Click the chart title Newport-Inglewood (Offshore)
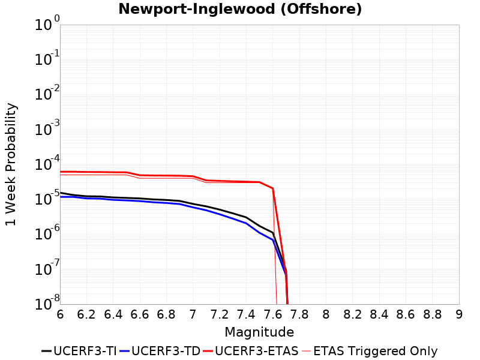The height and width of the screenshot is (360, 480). click(240, 10)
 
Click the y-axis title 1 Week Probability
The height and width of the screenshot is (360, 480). click(11, 164)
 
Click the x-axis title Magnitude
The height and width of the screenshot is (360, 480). click(259, 332)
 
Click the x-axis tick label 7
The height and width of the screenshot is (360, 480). click(193, 314)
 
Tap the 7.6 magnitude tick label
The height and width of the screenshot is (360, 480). click(273, 314)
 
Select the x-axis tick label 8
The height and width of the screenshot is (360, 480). click(326, 314)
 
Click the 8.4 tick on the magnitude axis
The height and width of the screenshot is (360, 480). click(379, 314)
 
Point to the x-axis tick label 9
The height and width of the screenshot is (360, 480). click(459, 314)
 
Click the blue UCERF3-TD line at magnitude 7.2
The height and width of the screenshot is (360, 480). click(220, 214)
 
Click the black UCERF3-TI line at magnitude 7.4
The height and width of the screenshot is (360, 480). click(246, 217)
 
